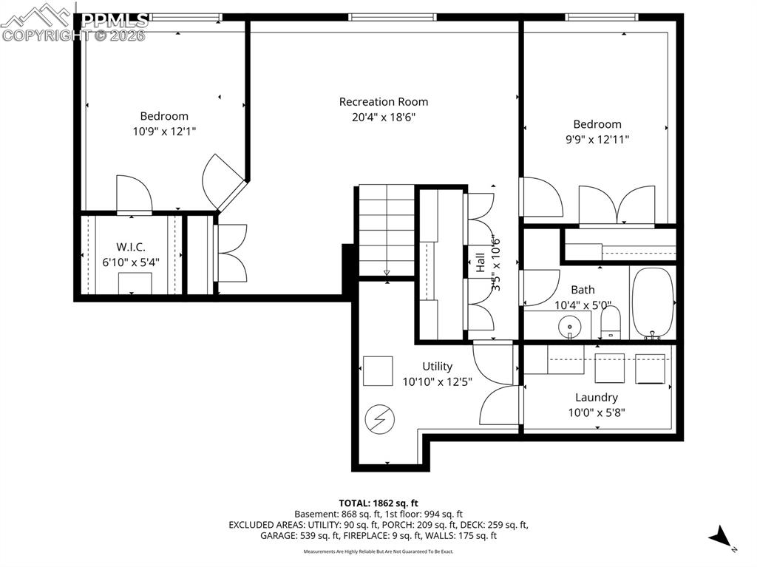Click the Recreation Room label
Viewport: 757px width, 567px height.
(383, 102)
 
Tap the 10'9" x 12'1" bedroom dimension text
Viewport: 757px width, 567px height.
(164, 131)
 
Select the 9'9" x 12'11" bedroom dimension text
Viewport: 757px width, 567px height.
(597, 139)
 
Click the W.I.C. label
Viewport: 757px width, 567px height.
(130, 246)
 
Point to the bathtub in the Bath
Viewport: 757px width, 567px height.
(653, 302)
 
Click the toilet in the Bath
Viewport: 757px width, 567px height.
(611, 322)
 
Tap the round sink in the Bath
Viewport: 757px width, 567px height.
(570, 325)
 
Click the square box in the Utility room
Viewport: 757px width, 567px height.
(378, 370)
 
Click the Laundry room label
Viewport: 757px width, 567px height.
(596, 398)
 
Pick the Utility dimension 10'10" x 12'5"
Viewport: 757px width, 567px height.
(437, 381)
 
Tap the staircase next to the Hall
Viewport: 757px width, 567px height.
(387, 229)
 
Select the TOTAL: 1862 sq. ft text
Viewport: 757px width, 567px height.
(378, 502)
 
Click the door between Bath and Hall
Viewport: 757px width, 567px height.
(540, 288)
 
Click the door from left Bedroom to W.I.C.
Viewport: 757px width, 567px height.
(134, 194)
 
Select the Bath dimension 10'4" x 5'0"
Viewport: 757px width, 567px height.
(583, 304)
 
